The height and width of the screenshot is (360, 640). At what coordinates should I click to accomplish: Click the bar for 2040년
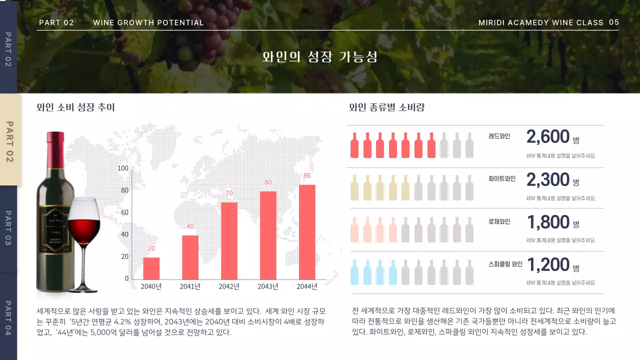[x=151, y=268]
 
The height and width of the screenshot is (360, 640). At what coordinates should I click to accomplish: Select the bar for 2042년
[x=229, y=240]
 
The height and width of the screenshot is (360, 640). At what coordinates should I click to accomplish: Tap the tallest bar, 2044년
[x=307, y=232]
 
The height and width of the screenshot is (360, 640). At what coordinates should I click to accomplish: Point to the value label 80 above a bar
[x=268, y=182]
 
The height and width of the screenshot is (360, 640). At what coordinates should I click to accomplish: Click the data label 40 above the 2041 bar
[x=190, y=226]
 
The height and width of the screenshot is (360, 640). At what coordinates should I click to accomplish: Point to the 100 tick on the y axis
[x=122, y=168]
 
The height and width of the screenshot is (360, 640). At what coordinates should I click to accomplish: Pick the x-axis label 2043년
[x=268, y=286]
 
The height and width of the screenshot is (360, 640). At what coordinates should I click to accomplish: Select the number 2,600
[x=548, y=136]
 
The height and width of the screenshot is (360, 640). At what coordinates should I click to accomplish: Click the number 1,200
[x=548, y=264]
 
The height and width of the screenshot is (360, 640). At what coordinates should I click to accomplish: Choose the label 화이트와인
[x=501, y=178]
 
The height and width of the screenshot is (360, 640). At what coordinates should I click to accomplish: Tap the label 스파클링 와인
[x=505, y=264]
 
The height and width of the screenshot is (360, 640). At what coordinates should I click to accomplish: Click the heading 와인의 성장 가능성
[x=320, y=57]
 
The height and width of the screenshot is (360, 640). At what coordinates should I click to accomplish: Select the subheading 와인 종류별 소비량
[x=386, y=107]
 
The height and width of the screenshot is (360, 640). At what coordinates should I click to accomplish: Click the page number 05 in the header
[x=614, y=22]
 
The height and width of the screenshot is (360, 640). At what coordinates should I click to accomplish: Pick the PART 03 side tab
[x=8, y=228]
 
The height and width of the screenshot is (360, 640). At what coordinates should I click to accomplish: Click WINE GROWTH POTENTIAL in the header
[x=148, y=22]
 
